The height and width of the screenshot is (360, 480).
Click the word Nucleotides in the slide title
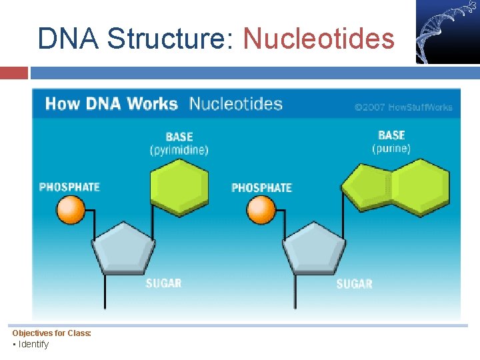(319, 39)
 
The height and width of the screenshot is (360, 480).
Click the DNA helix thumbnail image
(447, 32)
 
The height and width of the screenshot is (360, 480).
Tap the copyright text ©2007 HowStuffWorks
(403, 107)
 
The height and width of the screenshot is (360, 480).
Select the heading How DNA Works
(111, 104)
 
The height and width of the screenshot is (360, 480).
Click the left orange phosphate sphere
(71, 210)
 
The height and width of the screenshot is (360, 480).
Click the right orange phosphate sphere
(261, 210)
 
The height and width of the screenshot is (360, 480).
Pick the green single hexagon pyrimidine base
(179, 185)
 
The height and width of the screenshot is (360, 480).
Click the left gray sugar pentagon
(123, 247)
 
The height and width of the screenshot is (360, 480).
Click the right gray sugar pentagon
(314, 247)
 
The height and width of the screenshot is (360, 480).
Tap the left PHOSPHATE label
(69, 187)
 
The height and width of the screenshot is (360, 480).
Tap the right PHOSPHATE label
(261, 188)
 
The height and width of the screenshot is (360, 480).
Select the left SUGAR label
(163, 283)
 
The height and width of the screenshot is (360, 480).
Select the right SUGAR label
(354, 284)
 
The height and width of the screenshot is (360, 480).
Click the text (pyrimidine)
(179, 149)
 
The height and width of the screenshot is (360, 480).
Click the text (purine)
(391, 148)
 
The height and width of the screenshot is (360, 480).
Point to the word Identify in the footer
(33, 344)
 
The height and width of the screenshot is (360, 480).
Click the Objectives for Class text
(51, 333)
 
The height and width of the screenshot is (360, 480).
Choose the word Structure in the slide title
(169, 39)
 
